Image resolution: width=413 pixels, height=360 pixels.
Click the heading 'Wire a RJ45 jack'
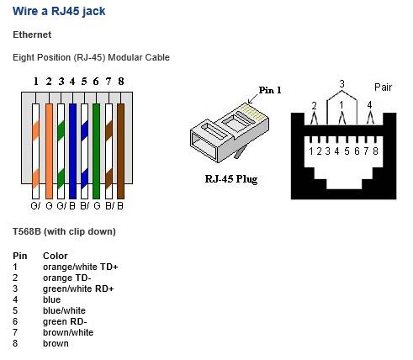pyautogui.click(x=59, y=12)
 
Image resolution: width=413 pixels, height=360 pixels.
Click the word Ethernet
pyautogui.click(x=32, y=34)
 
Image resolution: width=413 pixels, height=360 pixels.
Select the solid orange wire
pyautogui.click(x=49, y=151)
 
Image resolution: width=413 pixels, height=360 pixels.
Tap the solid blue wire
pyautogui.click(x=72, y=151)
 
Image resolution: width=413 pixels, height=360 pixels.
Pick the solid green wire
pyautogui.click(x=96, y=151)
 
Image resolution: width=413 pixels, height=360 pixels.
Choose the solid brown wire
pyautogui.click(x=120, y=151)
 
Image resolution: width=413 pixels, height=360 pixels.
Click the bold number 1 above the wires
pyautogui.click(x=35, y=82)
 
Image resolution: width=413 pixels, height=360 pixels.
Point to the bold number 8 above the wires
pyautogui.click(x=121, y=82)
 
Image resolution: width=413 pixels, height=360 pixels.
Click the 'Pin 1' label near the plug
pyautogui.click(x=270, y=90)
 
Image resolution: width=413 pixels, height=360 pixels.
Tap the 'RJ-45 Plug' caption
pyautogui.click(x=231, y=179)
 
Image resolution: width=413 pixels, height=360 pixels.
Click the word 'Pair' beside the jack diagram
pyautogui.click(x=383, y=87)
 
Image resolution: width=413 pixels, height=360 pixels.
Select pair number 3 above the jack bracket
pyautogui.click(x=342, y=84)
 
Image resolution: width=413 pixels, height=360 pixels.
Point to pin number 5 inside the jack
pyautogui.click(x=347, y=151)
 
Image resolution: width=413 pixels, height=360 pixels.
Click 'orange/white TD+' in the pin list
pyautogui.click(x=81, y=267)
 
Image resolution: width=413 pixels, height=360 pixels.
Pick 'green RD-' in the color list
pyautogui.click(x=65, y=321)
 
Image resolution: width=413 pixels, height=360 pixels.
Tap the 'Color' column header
pyautogui.click(x=56, y=256)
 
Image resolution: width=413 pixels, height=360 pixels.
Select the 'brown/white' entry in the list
pyautogui.click(x=68, y=332)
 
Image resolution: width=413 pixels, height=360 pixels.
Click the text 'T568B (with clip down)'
pyautogui.click(x=64, y=231)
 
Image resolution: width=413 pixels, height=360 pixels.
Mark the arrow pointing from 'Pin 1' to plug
pyautogui.click(x=253, y=98)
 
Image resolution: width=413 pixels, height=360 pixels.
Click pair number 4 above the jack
pyautogui.click(x=369, y=105)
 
